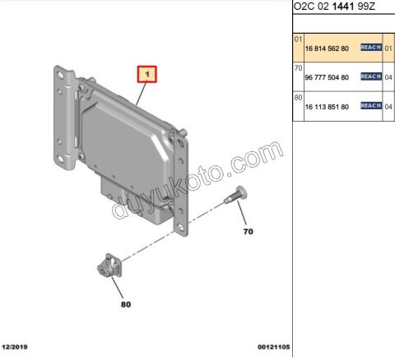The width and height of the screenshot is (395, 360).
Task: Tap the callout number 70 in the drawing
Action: tap(247, 232)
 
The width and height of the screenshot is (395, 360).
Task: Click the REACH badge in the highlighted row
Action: tap(369, 48)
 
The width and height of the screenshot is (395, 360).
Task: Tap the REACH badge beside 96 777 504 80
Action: tap(369, 77)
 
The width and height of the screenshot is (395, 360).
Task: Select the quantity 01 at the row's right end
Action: tap(388, 48)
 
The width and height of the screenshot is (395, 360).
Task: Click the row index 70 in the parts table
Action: tap(298, 68)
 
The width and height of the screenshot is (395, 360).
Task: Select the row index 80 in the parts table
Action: tap(298, 98)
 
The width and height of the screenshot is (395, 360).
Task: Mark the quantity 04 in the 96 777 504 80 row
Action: tap(388, 77)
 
